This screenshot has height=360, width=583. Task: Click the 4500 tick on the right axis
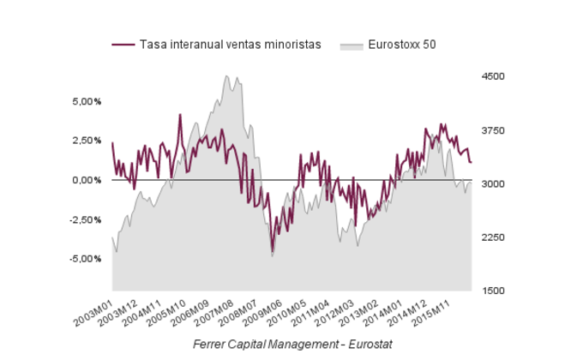coord(494,77)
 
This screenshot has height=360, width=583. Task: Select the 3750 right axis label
coord(494,130)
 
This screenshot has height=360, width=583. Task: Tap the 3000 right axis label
coord(494,184)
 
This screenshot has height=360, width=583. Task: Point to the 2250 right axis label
coord(494,237)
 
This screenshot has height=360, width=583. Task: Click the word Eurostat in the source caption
coord(368,344)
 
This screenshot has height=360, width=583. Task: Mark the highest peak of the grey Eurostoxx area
coord(226,76)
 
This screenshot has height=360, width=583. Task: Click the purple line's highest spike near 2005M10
coord(180,114)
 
